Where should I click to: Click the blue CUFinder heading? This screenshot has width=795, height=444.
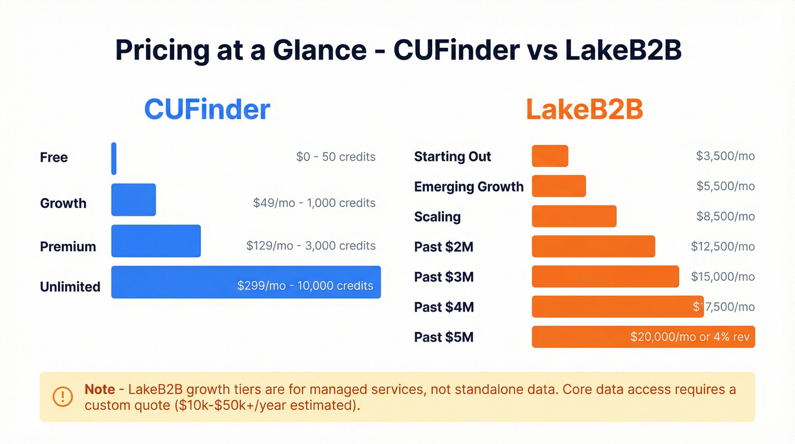(x=207, y=109)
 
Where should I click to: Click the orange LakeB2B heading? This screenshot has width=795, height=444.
(x=584, y=109)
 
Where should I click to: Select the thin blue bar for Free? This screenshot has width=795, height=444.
(x=114, y=159)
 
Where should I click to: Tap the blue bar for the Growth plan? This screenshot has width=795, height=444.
(x=133, y=200)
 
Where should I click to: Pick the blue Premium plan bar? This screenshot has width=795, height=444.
(x=156, y=241)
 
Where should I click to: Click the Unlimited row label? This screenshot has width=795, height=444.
(x=70, y=287)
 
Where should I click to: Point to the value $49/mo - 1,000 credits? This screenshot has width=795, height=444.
(x=314, y=202)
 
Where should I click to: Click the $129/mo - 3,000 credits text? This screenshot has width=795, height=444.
(x=311, y=246)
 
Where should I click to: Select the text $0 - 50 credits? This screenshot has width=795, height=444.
(x=336, y=157)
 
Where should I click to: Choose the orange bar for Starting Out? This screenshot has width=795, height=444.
(x=550, y=156)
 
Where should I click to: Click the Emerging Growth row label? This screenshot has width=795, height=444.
(x=468, y=186)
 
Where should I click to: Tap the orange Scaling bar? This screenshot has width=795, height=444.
(x=574, y=216)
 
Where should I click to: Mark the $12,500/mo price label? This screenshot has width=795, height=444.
(x=722, y=246)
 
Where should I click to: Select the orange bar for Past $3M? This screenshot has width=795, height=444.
(x=605, y=276)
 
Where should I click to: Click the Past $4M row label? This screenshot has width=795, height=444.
(x=443, y=307)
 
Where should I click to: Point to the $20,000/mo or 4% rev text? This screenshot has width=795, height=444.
(x=689, y=337)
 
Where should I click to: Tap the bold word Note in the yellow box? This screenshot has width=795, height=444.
(x=100, y=389)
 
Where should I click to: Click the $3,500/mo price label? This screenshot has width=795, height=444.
(x=725, y=156)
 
